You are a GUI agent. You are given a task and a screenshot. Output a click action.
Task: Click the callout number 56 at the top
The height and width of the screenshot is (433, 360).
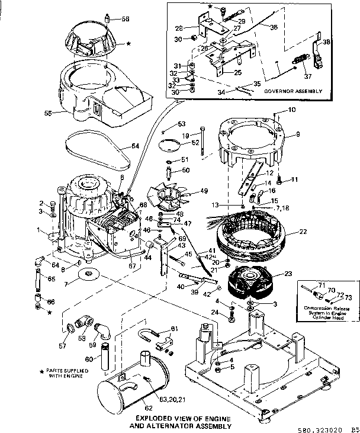coord(125,19)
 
